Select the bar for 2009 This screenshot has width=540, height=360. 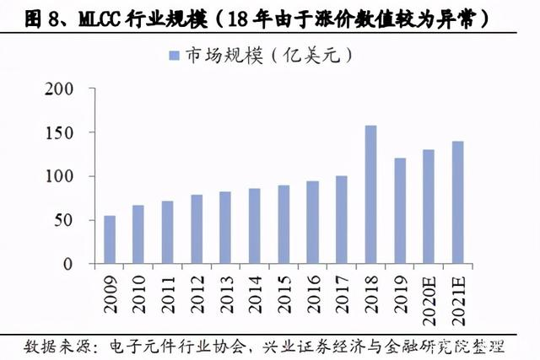click(110, 239)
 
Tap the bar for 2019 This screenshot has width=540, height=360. click(399, 211)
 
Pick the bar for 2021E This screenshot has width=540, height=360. click(457, 202)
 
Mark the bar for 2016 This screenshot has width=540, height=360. click(312, 223)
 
